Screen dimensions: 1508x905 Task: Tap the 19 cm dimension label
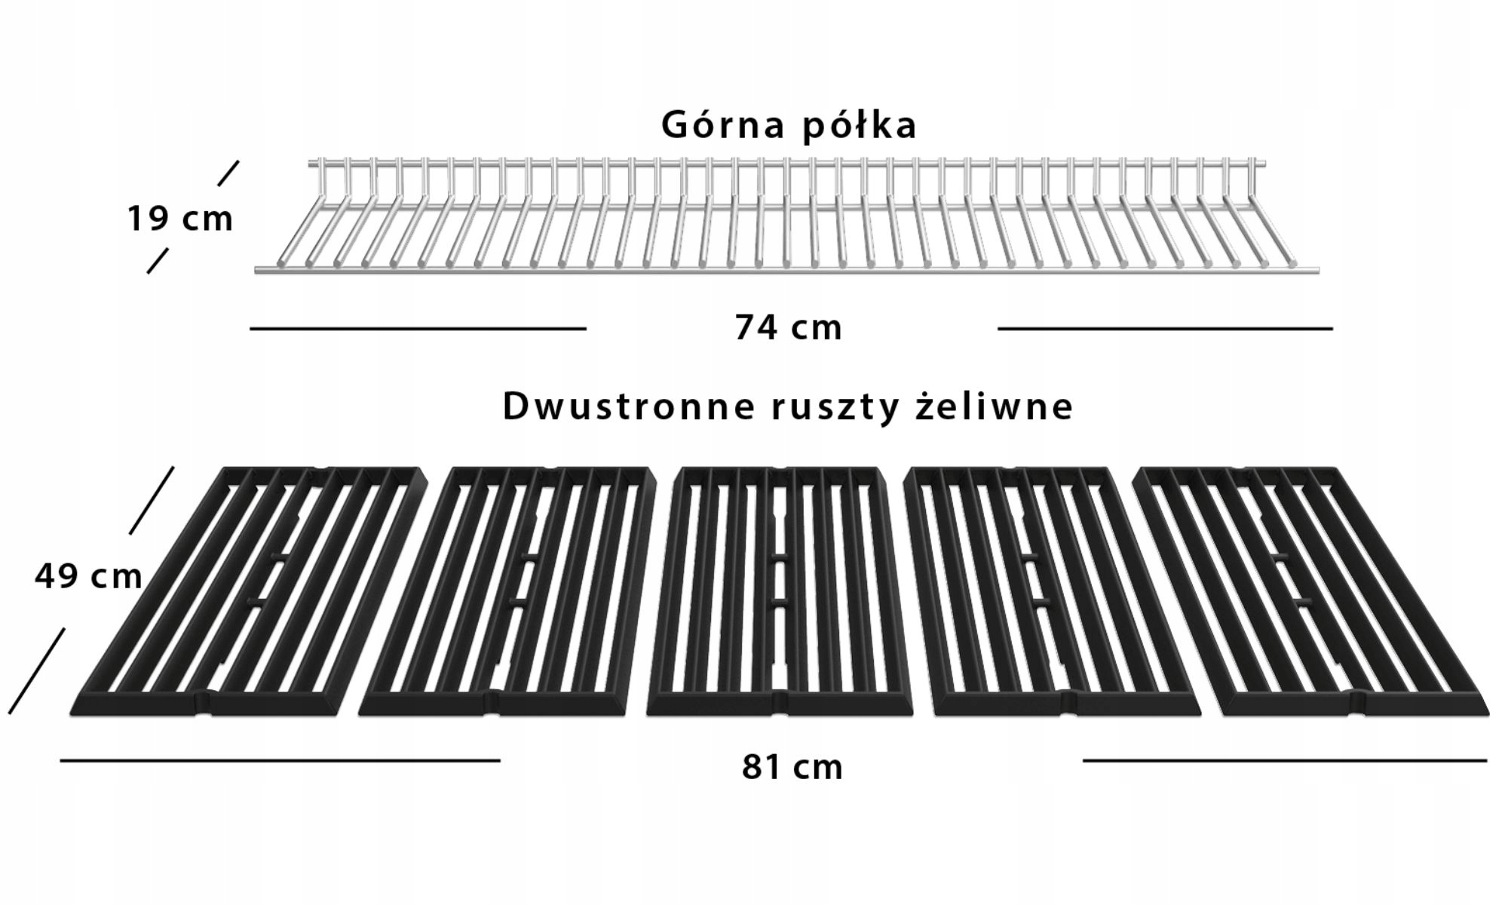179,219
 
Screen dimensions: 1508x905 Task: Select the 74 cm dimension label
789,328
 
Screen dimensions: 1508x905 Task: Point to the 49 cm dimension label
88,577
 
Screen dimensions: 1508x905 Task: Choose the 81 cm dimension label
792,767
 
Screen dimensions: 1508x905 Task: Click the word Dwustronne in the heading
628,406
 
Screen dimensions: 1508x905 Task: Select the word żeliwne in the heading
994,406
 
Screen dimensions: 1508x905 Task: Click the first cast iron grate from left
249,592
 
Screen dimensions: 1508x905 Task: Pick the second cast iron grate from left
507,592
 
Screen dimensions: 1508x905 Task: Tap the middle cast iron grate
779,592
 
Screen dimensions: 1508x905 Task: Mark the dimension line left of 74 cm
418,329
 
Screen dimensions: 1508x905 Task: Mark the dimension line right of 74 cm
1165,329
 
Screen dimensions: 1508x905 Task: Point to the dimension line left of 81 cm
280,761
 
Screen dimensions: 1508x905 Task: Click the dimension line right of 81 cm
1285,761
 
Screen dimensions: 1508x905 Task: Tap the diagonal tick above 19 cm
228,173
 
